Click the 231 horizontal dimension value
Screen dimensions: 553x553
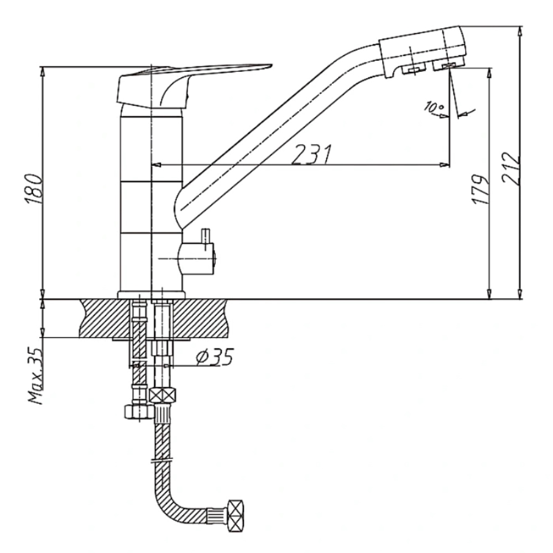(x=311, y=154)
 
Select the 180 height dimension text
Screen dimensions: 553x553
(x=35, y=189)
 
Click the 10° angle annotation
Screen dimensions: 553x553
(x=434, y=107)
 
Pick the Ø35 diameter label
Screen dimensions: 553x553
(x=215, y=357)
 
